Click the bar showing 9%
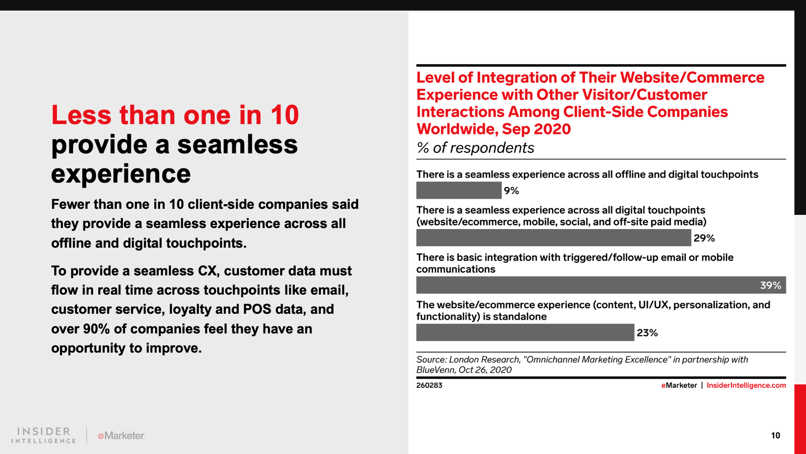[459, 190]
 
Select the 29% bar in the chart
[554, 238]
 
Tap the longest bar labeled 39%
[601, 285]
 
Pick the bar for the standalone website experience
[525, 332]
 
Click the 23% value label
[647, 332]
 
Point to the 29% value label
[704, 238]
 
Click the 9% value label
[511, 191]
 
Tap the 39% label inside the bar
[771, 286]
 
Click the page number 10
[775, 436]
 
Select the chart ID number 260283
[429, 385]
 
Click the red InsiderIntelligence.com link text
[746, 385]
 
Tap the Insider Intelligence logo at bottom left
[43, 435]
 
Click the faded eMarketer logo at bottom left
[121, 436]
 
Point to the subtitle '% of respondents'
[476, 148]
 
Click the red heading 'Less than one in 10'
[175, 115]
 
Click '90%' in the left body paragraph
[96, 328]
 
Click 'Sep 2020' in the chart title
[536, 129]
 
